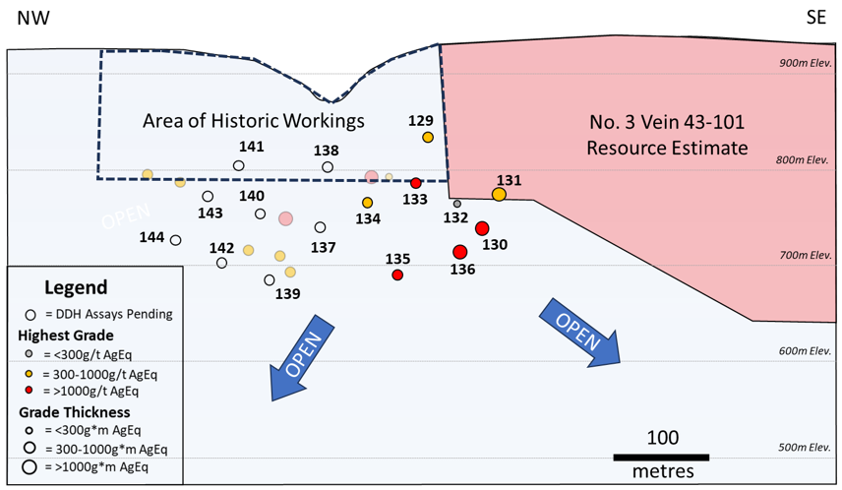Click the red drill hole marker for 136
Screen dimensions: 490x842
[459, 252]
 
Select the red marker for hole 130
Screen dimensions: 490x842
[482, 228]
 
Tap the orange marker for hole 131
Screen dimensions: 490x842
[499, 194]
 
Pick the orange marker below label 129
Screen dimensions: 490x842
[428, 138]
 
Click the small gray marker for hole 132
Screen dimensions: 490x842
[457, 204]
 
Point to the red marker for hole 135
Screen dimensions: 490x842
[397, 276]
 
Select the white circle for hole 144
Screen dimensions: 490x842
[175, 240]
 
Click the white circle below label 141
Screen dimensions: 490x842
[239, 165]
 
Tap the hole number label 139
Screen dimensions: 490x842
[287, 293]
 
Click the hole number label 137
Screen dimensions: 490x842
[324, 247]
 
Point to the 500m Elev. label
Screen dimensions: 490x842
[806, 448]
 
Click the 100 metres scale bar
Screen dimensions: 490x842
[661, 457]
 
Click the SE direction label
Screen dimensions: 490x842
[815, 19]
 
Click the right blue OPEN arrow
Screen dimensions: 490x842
[578, 332]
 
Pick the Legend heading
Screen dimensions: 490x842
[76, 288]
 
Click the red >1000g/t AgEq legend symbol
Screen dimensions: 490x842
[30, 391]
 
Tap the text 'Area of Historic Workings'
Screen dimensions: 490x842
[253, 121]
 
